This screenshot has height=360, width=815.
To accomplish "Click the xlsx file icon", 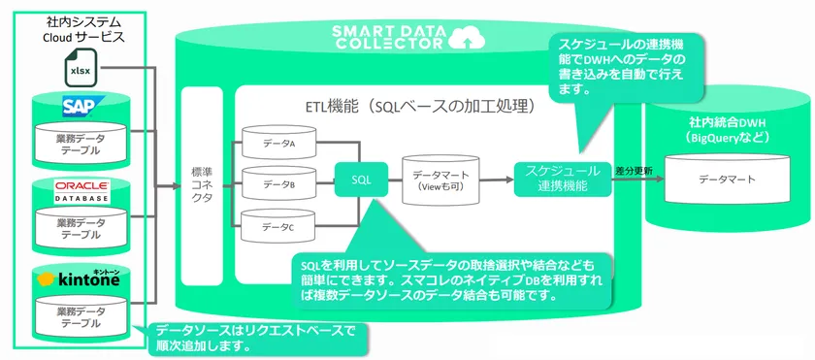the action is [81, 67].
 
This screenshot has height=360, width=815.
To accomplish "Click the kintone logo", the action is [79, 279].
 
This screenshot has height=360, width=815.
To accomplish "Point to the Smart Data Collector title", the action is [390, 35].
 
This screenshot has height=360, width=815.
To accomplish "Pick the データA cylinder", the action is [278, 143].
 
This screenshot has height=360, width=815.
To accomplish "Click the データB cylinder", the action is [278, 184].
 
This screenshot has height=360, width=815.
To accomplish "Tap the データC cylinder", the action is [278, 226].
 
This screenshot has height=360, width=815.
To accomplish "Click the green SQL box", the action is [361, 180].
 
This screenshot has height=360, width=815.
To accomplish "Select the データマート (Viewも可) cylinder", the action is [440, 180].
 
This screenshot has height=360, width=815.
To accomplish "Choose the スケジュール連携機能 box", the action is [563, 180].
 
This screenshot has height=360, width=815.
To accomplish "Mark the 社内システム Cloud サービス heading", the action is [83, 30].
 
